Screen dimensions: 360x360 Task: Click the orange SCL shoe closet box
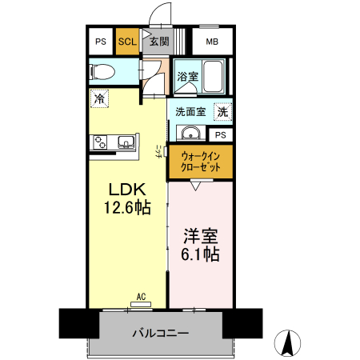tap(126, 42)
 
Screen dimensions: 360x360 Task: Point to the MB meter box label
tap(211, 42)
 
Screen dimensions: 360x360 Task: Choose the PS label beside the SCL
tap(101, 42)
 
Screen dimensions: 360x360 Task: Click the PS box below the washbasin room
tap(220, 134)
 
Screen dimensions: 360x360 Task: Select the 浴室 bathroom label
tap(186, 78)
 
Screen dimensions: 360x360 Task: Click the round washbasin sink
tap(191, 133)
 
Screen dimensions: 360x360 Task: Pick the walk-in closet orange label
tap(201, 162)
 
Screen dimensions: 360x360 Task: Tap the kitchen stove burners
tap(101, 142)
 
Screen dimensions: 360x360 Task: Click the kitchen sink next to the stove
tap(126, 142)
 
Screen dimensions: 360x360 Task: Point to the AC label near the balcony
tap(141, 297)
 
